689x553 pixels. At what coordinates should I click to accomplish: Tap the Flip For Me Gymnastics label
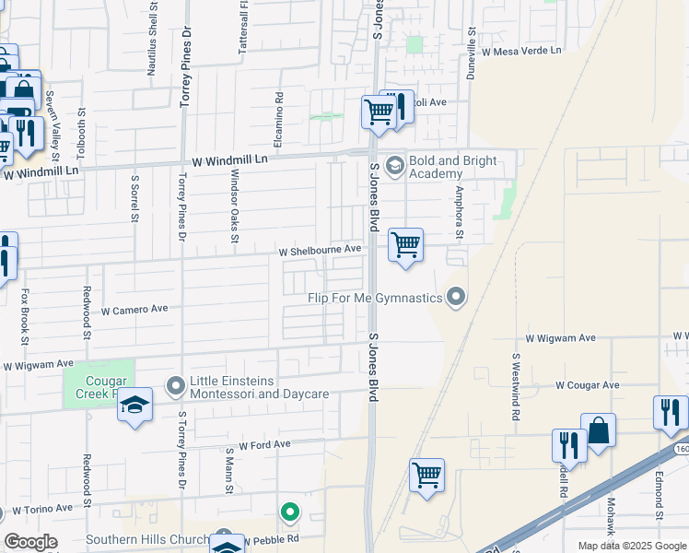point(376,298)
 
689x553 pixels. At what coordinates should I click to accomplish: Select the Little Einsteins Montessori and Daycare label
point(259,387)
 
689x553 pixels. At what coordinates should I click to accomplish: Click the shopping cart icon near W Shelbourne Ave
point(405,245)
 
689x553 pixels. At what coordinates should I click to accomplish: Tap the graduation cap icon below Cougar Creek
point(134,406)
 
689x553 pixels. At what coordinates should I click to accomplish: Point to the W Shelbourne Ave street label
point(321,250)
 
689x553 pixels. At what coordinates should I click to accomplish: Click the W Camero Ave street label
point(134,310)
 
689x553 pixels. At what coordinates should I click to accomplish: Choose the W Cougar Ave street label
point(588,384)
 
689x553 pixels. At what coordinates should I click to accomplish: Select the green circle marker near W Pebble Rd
point(290,512)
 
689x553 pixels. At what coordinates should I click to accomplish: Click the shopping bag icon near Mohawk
point(598,430)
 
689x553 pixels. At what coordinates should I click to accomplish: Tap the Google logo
point(30,542)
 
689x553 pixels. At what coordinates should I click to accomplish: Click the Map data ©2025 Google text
point(631,546)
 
